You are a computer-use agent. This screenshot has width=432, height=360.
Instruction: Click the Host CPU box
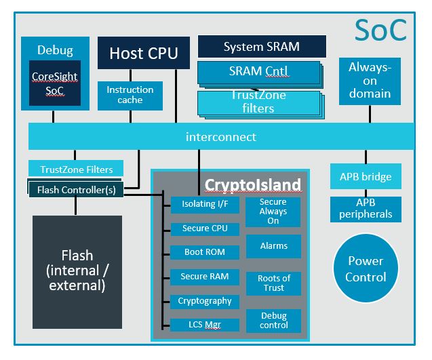[144, 52]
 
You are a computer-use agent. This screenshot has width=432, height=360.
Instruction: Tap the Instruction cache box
[130, 95]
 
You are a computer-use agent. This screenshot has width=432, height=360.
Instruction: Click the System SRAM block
[262, 47]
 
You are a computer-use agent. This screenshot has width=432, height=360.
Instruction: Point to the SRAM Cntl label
[258, 71]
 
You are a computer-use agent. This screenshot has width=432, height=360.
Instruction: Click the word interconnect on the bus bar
[221, 137]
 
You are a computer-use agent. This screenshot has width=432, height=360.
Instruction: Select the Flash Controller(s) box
[76, 190]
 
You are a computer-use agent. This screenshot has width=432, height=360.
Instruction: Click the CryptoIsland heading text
[252, 185]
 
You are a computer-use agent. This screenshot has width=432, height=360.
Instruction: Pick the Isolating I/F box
[205, 204]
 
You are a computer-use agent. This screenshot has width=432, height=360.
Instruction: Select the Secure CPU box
[205, 228]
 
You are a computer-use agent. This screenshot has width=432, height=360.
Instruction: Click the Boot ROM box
[205, 252]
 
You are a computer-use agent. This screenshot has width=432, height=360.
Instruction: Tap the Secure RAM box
[205, 277]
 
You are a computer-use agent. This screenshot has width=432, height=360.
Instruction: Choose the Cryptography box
[205, 301]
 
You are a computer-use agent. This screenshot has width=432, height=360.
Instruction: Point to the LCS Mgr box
[205, 325]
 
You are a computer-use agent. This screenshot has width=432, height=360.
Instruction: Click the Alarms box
[273, 245]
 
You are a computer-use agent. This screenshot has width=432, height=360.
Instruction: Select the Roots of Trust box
[273, 283]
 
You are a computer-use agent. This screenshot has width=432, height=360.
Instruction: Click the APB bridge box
[365, 177]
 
